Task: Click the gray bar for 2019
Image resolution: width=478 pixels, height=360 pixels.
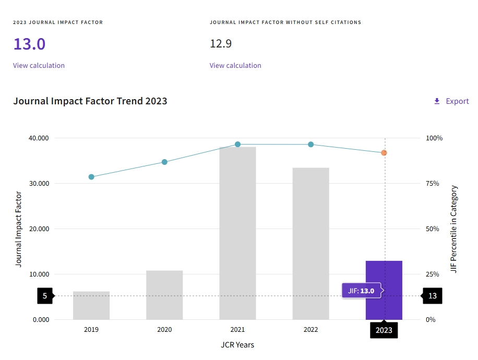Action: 91,305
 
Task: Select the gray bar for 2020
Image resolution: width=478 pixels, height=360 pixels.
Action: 164,295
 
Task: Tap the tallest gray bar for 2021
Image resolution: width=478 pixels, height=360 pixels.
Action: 237,233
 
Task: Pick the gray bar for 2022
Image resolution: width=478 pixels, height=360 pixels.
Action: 310,243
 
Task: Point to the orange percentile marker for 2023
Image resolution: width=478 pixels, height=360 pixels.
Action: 384,153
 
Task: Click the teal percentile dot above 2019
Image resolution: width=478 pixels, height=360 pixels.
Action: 91,177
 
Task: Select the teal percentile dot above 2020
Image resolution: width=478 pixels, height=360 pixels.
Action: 164,162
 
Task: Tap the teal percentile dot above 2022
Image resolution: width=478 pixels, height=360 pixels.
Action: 310,145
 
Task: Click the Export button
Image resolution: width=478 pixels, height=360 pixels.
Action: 451,101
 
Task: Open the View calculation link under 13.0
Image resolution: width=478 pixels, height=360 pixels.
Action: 39,66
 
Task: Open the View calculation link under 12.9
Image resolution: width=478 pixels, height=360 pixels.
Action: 235,66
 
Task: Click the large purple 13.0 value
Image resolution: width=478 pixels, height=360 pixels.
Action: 29,44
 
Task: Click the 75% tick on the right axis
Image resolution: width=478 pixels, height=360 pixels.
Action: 434,184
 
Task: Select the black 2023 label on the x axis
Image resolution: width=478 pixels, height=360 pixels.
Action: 384,330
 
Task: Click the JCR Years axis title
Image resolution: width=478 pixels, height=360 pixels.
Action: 237,345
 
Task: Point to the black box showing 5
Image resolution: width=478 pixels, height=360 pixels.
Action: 45,296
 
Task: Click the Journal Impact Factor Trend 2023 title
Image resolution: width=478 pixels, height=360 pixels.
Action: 90,101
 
